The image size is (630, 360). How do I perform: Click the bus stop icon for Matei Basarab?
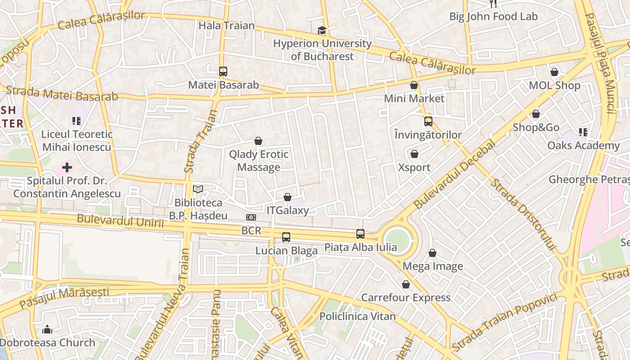223,71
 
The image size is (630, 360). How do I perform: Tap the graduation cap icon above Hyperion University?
322,30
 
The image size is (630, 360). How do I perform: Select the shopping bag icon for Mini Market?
414,85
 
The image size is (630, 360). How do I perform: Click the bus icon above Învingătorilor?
428,121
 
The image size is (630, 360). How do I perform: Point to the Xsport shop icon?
414,154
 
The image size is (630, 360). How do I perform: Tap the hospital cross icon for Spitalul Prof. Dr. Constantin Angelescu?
67,168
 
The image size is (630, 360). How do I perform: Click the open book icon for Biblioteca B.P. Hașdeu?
198,189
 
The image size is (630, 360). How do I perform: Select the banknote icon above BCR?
251,217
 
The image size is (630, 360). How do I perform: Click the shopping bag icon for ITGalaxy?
288,197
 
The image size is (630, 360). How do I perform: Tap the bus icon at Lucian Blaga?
286,237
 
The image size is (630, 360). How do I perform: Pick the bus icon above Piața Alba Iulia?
360,234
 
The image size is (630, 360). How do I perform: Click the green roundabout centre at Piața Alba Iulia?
397,241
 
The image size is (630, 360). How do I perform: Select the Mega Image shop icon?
432,253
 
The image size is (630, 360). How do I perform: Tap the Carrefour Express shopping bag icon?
406,284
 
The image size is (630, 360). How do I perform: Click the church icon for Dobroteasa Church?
47,329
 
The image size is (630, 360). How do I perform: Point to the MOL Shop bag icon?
554,72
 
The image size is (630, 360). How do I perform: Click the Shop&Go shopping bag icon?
536,114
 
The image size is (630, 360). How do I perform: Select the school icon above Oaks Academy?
583,132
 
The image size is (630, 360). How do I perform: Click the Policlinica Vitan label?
357,316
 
